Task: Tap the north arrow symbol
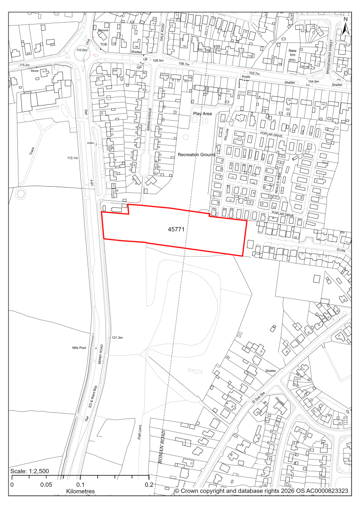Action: coord(345,26)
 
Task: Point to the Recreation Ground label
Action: coord(196,155)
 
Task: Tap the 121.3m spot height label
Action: coord(117,338)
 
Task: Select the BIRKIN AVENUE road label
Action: coord(150,122)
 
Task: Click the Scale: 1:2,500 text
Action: coord(29,472)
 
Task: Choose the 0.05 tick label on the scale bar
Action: coord(46,484)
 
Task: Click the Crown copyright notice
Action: coord(261,491)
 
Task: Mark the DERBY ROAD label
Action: coord(100,354)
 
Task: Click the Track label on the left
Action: coord(32,151)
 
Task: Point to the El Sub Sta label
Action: coord(259,390)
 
